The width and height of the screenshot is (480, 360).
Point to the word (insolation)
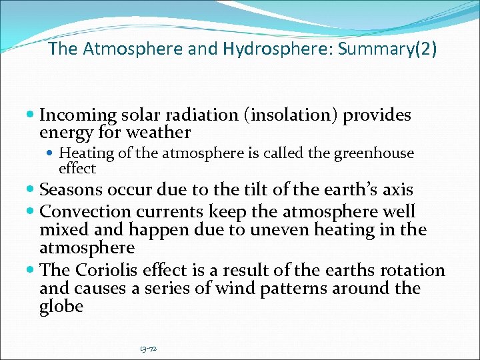(x=291, y=115)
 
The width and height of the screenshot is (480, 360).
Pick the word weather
(x=160, y=133)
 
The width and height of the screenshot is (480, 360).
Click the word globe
(x=61, y=306)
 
